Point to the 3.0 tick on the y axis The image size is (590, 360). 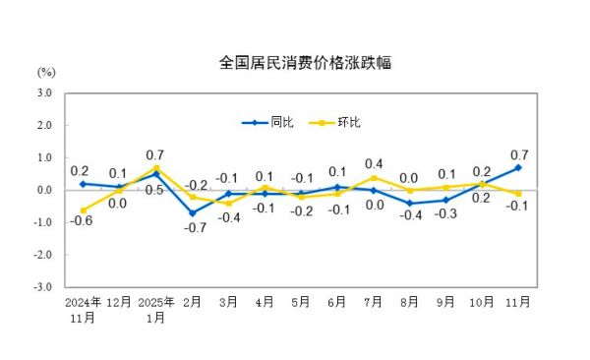[44, 93]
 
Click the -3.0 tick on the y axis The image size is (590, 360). [42, 287]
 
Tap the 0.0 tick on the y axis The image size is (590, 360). [44, 190]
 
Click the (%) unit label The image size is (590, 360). [46, 72]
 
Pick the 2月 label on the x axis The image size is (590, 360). [192, 303]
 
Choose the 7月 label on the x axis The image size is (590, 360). [374, 303]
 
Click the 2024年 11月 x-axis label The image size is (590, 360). [83, 309]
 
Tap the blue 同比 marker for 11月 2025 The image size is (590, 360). [518, 167]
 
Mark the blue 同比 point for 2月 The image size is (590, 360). [192, 212]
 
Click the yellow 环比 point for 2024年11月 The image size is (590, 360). [83, 210]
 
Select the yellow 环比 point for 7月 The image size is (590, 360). [374, 177]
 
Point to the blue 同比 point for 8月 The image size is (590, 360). [410, 203]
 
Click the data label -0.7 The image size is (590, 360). [193, 228]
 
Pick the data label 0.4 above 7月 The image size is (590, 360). [374, 163]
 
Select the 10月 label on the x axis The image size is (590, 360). [482, 303]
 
